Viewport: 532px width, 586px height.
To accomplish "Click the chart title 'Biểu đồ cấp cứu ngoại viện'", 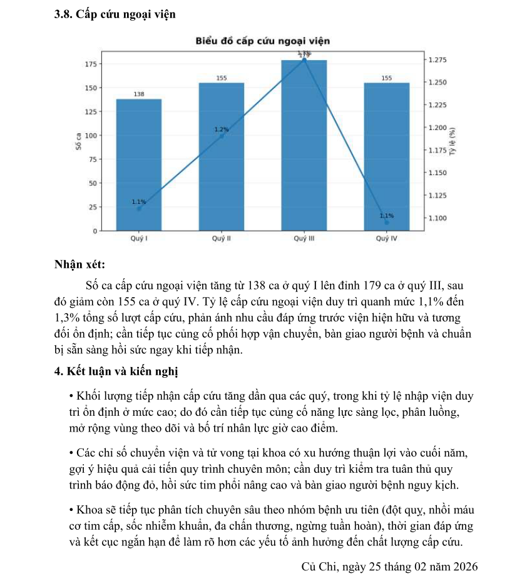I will click(262, 41).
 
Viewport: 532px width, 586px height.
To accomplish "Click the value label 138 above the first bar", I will click(139, 94).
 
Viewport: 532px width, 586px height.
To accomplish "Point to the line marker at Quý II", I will click(222, 136).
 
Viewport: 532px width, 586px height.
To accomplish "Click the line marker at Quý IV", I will click(386, 222).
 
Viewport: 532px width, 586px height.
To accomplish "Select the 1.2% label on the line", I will click(222, 129).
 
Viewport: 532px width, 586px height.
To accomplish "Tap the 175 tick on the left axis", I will click(89, 64).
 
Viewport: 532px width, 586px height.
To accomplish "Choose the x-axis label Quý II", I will click(222, 239).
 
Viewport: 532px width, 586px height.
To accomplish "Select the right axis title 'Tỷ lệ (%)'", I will click(452, 143).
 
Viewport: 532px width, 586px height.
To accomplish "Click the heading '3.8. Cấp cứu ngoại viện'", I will click(115, 14).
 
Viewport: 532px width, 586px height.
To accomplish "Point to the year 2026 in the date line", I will click(464, 567).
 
